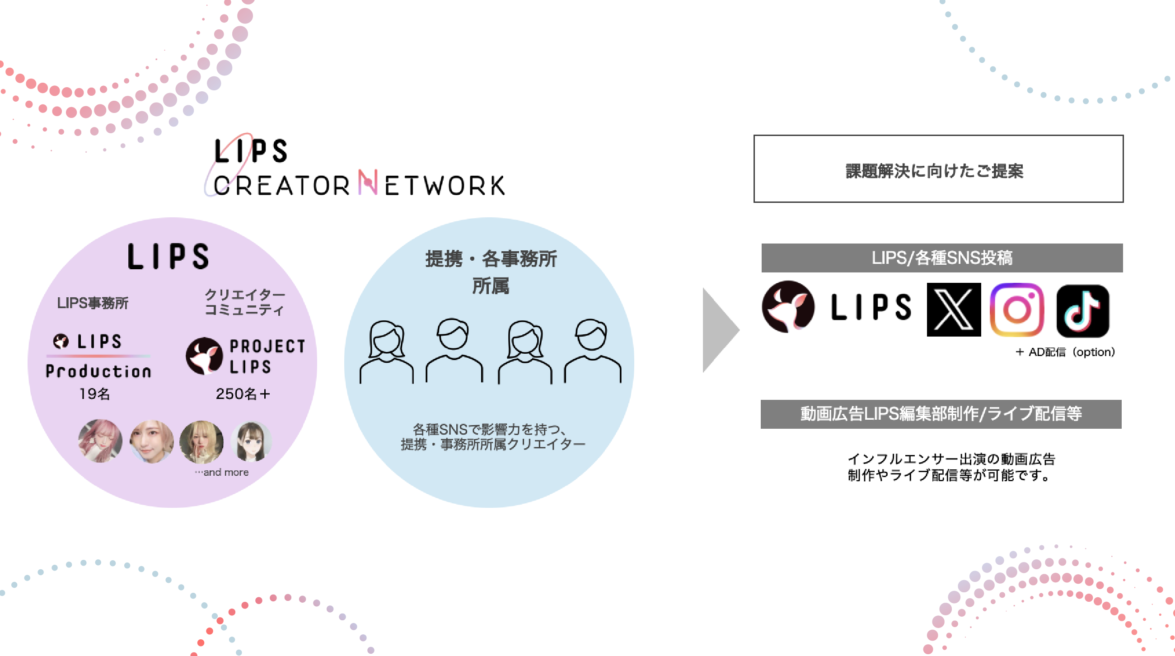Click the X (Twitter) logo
[953, 310]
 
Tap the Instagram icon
[1017, 310]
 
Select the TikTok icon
[1082, 311]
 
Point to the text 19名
[94, 394]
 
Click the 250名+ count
[243, 394]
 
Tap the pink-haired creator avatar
[100, 440]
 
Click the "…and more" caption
[222, 472]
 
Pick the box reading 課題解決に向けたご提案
[938, 169]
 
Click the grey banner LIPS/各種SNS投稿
[942, 258]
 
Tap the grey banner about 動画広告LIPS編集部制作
[941, 414]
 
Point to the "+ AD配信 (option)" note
[1065, 352]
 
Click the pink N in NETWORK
[368, 183]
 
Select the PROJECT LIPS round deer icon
[204, 356]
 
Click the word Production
[98, 371]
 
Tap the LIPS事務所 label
[93, 302]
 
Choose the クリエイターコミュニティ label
[244, 302]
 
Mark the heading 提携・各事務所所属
[491, 272]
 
